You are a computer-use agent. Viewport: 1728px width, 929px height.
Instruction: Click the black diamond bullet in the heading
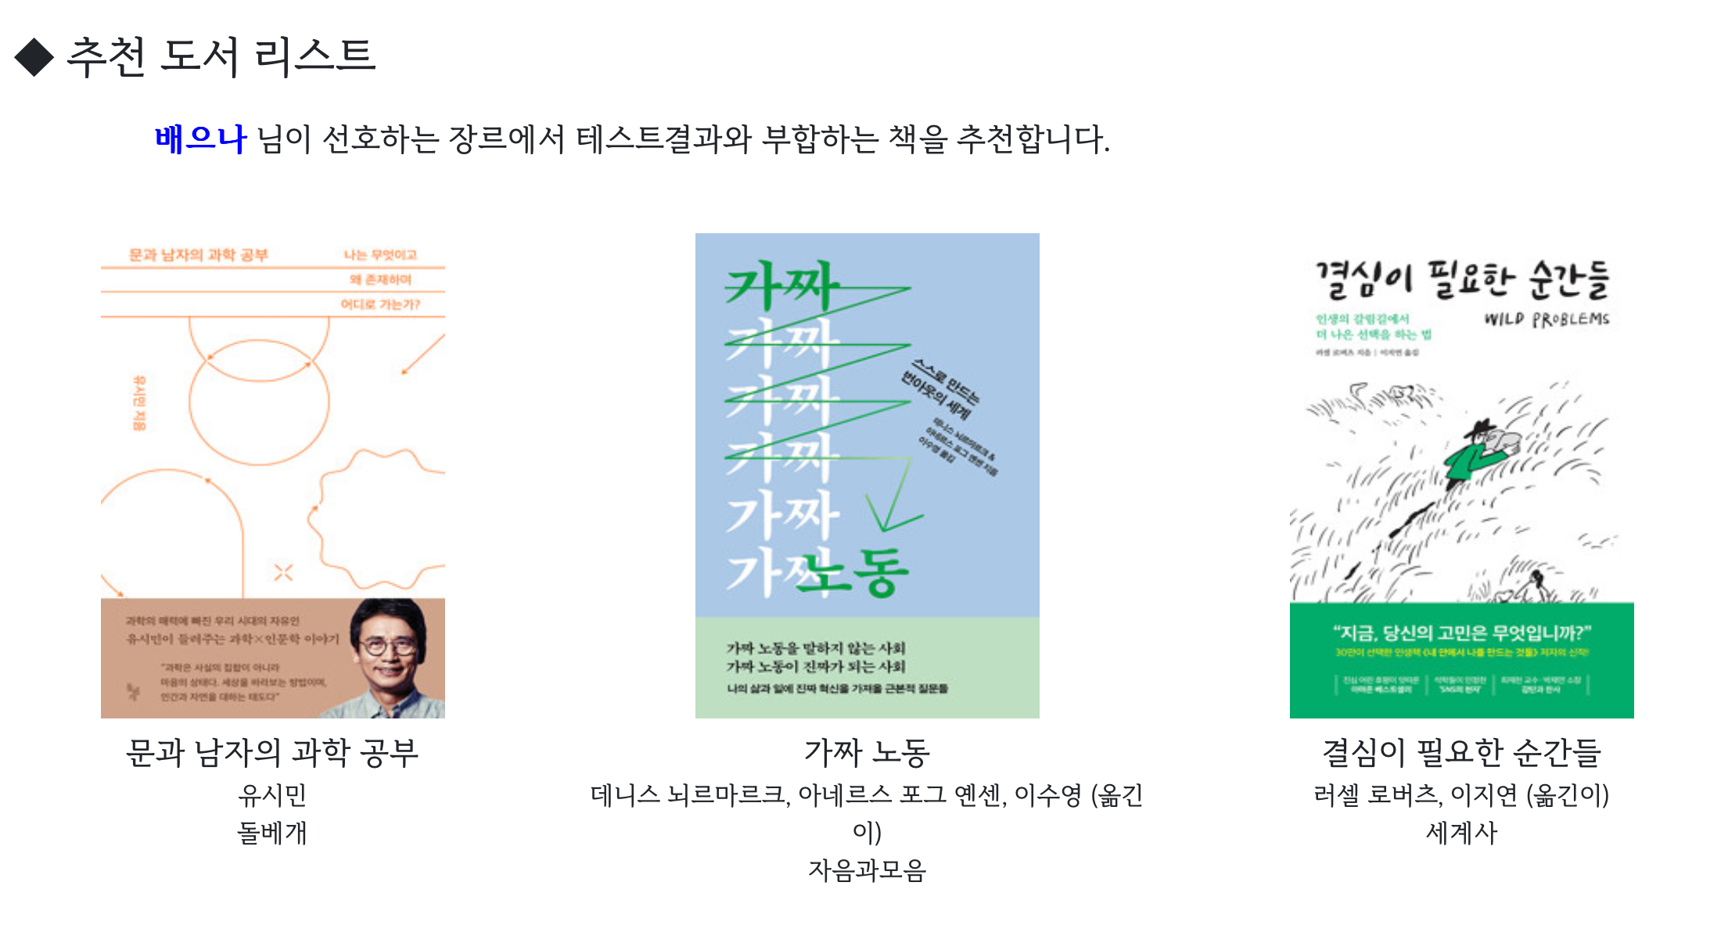[34, 57]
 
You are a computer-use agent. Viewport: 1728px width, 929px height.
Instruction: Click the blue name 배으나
[200, 139]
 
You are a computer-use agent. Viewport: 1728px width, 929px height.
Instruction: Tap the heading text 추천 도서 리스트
[221, 56]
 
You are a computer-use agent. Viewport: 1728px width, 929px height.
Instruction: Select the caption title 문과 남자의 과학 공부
[272, 752]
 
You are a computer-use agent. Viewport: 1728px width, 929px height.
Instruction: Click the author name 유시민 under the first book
[272, 795]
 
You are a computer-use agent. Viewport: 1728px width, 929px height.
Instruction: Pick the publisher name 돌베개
[272, 832]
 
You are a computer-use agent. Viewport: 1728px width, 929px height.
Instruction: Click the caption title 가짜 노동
[867, 752]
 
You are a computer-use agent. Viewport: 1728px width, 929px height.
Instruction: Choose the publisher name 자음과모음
[867, 870]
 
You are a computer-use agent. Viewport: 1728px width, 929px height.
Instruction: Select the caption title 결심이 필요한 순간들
[1461, 752]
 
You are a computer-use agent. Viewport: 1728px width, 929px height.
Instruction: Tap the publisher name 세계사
[1461, 832]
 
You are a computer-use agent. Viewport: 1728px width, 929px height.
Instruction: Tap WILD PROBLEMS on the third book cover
[1547, 319]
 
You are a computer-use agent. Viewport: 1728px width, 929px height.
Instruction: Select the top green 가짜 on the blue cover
[781, 286]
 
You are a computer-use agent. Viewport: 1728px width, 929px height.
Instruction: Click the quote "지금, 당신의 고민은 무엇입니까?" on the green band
[1461, 632]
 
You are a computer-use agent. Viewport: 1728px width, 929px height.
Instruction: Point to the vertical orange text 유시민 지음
[139, 402]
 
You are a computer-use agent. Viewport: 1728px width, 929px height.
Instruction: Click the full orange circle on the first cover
[259, 402]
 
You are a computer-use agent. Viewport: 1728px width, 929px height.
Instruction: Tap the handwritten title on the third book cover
[1461, 280]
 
